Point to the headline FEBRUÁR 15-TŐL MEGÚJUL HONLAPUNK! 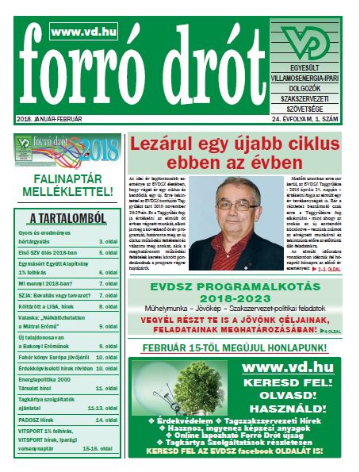click(x=240, y=347)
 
